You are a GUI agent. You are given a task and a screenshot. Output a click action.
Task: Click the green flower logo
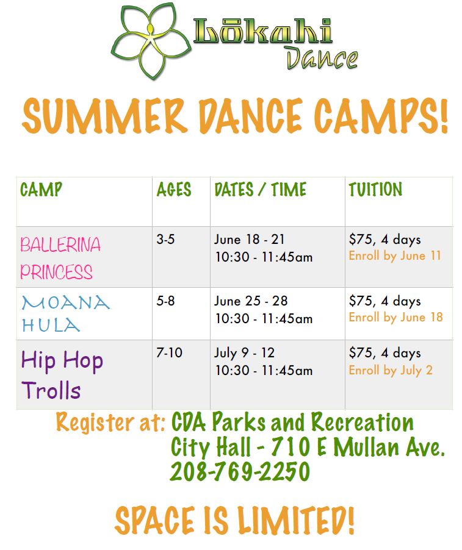click(x=151, y=41)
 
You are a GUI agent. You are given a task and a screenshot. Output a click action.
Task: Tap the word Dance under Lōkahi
click(x=322, y=58)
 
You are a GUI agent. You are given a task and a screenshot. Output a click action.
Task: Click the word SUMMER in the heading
click(x=104, y=115)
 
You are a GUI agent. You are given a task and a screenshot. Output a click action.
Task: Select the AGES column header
click(x=174, y=190)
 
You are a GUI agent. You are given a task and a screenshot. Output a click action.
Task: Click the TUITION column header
click(x=375, y=190)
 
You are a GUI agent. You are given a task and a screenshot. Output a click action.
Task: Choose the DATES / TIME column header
click(x=260, y=190)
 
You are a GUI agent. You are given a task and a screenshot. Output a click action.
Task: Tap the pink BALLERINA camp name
click(x=60, y=245)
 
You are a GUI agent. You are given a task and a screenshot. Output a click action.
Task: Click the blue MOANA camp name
click(x=66, y=302)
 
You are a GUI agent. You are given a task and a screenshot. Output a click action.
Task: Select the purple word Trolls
click(x=51, y=390)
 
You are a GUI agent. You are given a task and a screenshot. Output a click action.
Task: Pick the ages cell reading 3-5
click(x=165, y=240)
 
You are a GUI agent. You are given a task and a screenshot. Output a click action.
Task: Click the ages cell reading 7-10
click(x=169, y=352)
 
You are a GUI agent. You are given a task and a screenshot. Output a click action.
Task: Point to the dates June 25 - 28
click(x=251, y=301)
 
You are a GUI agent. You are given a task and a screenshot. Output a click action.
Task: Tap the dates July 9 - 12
click(x=244, y=353)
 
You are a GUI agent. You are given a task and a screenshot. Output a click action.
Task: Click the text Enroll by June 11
click(x=395, y=255)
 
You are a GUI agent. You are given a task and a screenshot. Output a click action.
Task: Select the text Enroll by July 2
click(x=391, y=370)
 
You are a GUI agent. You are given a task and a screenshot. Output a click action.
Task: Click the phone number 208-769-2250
click(x=240, y=471)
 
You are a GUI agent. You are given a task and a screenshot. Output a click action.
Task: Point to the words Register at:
click(x=110, y=422)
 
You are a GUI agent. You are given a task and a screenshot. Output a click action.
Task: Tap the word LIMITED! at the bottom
click(x=295, y=521)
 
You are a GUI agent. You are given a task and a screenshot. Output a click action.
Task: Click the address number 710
click(x=291, y=447)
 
